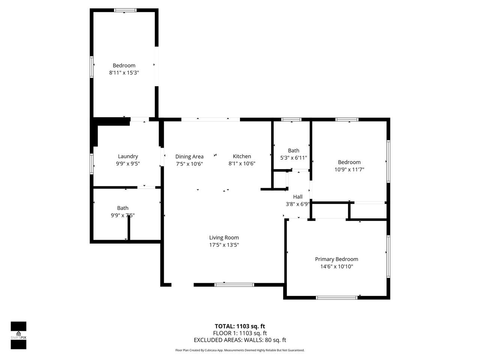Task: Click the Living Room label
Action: (x=224, y=238)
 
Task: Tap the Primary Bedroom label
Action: (x=336, y=259)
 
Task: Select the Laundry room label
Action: (x=128, y=156)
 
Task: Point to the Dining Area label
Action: (x=189, y=156)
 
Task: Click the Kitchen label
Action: (x=241, y=156)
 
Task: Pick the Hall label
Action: (x=298, y=197)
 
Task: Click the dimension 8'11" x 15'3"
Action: (x=124, y=73)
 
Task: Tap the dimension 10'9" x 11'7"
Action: (x=349, y=169)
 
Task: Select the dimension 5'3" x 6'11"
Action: (x=294, y=158)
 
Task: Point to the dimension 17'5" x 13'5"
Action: (x=224, y=245)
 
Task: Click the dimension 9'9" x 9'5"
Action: (x=128, y=163)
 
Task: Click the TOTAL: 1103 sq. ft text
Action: (x=240, y=326)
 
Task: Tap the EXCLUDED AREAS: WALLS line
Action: (x=240, y=340)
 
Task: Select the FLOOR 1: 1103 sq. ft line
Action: (x=240, y=333)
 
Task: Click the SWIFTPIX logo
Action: (x=18, y=335)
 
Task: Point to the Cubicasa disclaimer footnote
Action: (x=240, y=350)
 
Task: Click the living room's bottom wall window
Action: (x=234, y=285)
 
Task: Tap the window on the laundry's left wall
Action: (x=91, y=164)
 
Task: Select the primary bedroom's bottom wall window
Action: (x=336, y=298)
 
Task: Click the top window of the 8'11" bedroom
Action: (x=125, y=10)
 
